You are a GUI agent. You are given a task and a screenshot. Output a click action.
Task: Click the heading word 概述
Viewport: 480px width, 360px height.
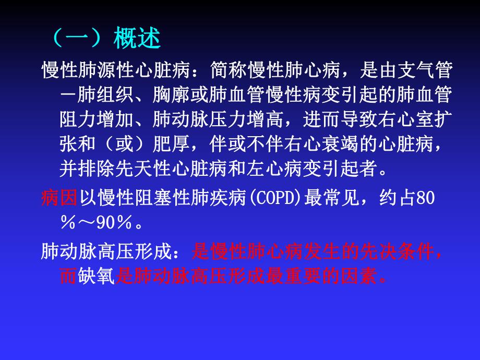coord(137,39)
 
